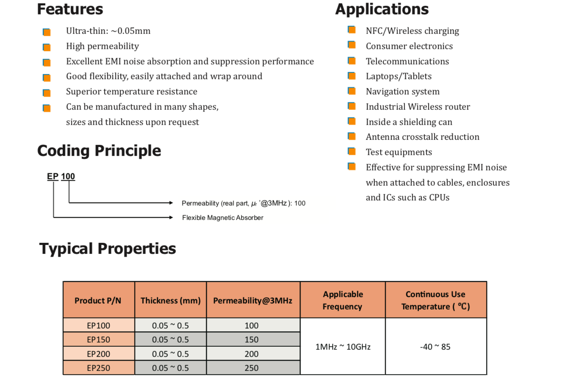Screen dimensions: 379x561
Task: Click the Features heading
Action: click(70, 9)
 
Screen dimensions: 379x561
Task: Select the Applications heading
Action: click(382, 9)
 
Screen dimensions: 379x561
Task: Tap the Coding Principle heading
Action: click(99, 150)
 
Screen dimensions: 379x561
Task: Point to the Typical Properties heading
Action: click(107, 248)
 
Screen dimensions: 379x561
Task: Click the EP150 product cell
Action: click(98, 340)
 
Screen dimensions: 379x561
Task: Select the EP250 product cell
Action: click(98, 368)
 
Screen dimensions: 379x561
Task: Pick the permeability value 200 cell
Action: click(251, 354)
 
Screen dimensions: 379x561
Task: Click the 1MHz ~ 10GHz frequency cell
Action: click(343, 347)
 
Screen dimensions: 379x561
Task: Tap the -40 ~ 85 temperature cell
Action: click(435, 347)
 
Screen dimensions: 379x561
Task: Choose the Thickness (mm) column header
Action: click(170, 301)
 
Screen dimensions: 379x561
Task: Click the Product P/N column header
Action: click(98, 301)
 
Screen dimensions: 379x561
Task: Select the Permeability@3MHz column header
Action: click(253, 301)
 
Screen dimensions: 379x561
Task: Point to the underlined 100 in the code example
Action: click(68, 177)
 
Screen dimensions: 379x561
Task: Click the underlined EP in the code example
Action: click(53, 177)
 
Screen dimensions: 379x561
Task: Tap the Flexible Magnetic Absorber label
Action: click(223, 218)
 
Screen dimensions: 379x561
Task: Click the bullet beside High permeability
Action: click(47, 47)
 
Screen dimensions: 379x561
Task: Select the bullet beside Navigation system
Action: click(352, 91)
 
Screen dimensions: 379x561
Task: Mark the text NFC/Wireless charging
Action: click(412, 31)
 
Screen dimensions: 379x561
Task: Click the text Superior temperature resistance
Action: click(131, 92)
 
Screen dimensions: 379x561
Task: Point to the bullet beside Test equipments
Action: click(352, 151)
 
